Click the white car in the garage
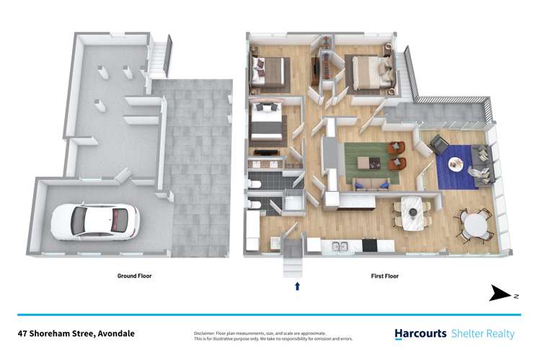coord(94,220)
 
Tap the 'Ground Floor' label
coord(135,276)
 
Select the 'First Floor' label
coord(384,276)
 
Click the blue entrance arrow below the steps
coord(297,286)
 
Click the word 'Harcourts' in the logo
coord(421,333)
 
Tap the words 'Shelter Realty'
coord(483,333)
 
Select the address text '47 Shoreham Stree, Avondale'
coord(76,333)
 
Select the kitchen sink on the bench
coord(335,247)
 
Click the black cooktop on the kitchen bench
coord(369,246)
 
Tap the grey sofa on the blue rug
coord(481,163)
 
